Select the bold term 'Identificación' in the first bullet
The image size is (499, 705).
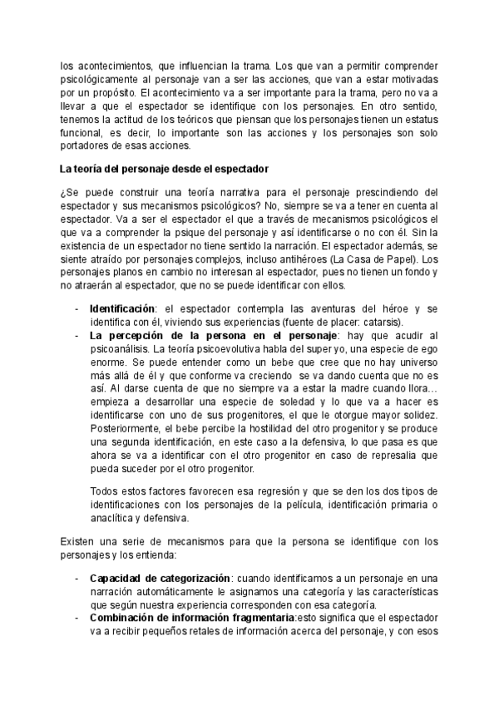[x=121, y=309]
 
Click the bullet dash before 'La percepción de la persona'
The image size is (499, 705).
[x=77, y=335]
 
